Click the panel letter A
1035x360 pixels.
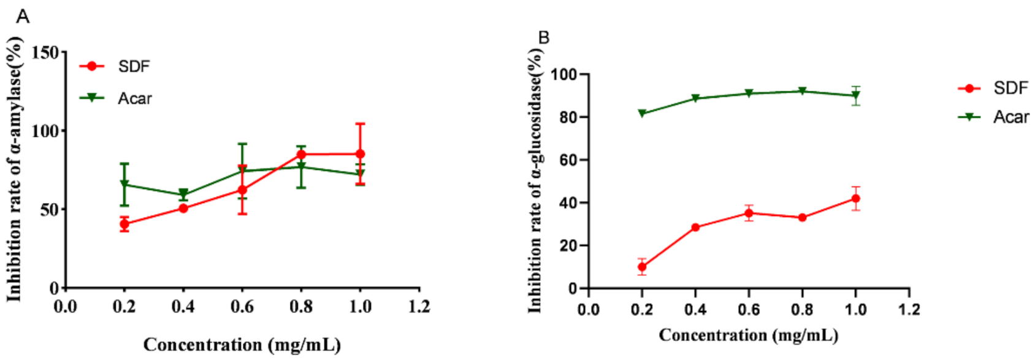pos(23,17)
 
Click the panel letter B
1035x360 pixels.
pos(543,38)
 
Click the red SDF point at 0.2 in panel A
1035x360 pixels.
pos(124,224)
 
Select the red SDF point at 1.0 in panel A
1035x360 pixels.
pos(361,154)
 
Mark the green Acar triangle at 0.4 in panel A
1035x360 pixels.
pos(183,194)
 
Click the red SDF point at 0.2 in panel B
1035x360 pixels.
pos(642,267)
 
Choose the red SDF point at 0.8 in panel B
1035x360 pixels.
pos(802,218)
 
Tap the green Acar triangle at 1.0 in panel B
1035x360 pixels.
pos(855,96)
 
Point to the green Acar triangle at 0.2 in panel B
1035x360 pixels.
pos(642,113)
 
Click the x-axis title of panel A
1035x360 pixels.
pos(242,345)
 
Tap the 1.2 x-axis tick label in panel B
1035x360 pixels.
pos(909,310)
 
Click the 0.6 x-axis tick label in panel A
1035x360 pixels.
pos(242,306)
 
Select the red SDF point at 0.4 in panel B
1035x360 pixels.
pos(695,228)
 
